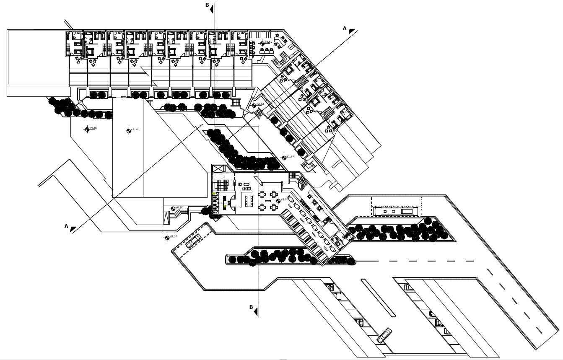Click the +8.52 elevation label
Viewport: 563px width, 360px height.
click(268, 42)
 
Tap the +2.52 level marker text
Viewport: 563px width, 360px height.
click(260, 104)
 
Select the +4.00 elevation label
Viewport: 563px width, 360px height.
click(93, 128)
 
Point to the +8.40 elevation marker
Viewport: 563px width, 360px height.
click(135, 130)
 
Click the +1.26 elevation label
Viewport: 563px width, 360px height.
click(290, 157)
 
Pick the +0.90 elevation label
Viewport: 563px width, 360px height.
click(179, 207)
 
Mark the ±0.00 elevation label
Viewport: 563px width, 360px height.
click(172, 237)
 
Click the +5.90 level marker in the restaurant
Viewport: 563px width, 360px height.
click(284, 199)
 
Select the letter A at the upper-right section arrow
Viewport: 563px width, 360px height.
click(345, 28)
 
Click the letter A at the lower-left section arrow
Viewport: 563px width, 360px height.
click(66, 226)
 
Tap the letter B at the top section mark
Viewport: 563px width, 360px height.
click(207, 5)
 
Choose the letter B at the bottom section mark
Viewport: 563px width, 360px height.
click(251, 307)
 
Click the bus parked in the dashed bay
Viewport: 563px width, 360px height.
click(397, 211)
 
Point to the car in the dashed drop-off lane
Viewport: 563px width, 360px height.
click(193, 242)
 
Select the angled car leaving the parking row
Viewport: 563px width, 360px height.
click(384, 335)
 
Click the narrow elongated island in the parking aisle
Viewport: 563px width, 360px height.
click(378, 298)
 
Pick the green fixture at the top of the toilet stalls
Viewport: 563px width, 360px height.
click(214, 194)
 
